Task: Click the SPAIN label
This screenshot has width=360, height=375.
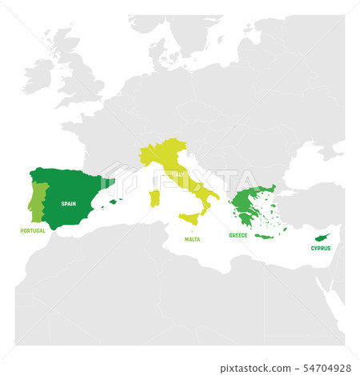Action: (x=69, y=203)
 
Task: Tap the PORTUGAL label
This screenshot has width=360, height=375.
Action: (x=32, y=231)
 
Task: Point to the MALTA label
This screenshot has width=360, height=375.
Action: (x=192, y=239)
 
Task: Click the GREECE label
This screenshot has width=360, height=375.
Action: (x=238, y=236)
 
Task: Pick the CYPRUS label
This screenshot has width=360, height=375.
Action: (x=321, y=249)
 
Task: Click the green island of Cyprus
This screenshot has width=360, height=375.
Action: (x=323, y=237)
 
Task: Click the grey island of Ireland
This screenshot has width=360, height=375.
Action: (x=58, y=71)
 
